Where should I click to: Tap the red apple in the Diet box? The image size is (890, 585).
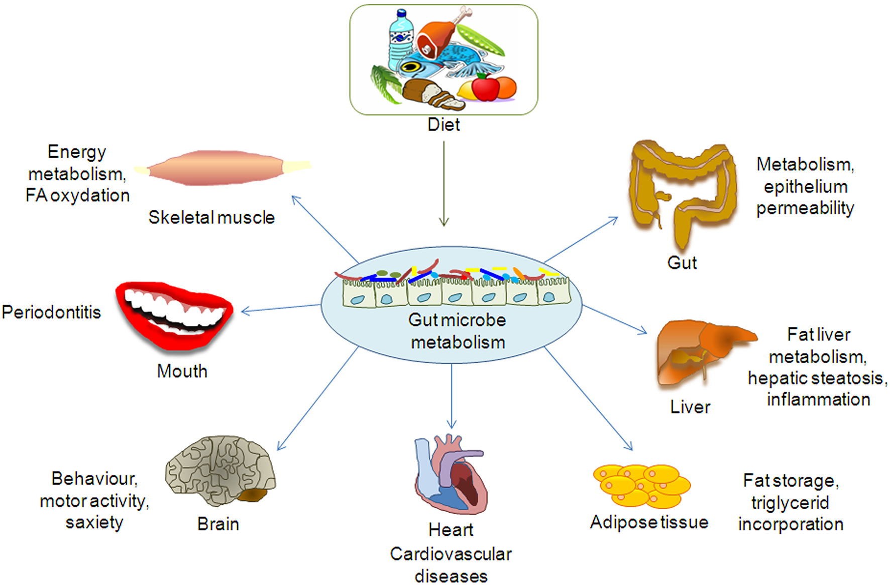(485, 88)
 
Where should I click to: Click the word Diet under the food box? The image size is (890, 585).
(443, 125)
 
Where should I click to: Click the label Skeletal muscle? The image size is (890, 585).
(211, 217)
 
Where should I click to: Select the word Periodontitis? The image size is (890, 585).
(51, 312)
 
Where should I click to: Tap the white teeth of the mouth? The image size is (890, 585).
(171, 309)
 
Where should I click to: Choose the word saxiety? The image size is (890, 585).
(94, 522)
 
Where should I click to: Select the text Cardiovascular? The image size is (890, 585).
(451, 554)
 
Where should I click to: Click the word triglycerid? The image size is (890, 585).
(790, 503)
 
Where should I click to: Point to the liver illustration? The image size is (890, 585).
(701, 352)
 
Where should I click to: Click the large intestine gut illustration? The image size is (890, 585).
(683, 191)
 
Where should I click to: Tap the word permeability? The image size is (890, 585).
(805, 208)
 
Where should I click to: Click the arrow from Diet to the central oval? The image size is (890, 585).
(443, 183)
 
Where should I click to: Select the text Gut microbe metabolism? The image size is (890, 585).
(457, 331)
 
